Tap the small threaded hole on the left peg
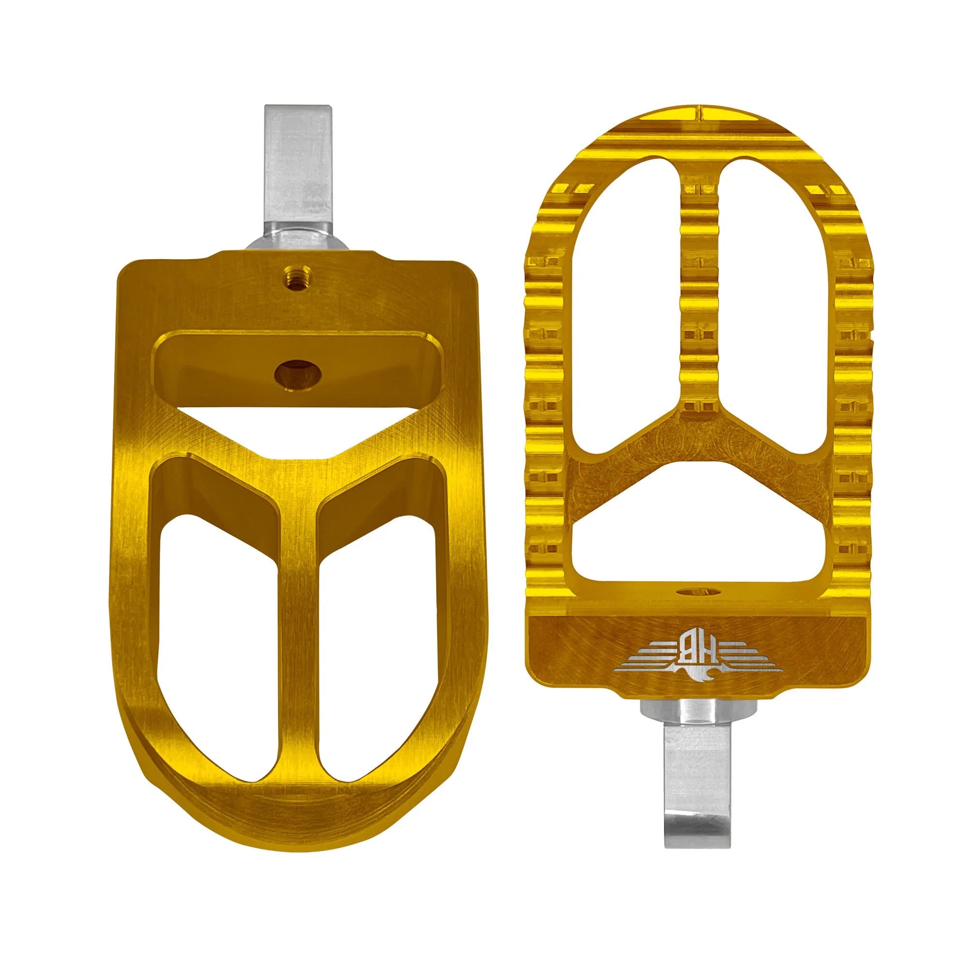295,273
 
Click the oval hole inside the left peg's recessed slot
298,371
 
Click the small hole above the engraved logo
698,592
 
